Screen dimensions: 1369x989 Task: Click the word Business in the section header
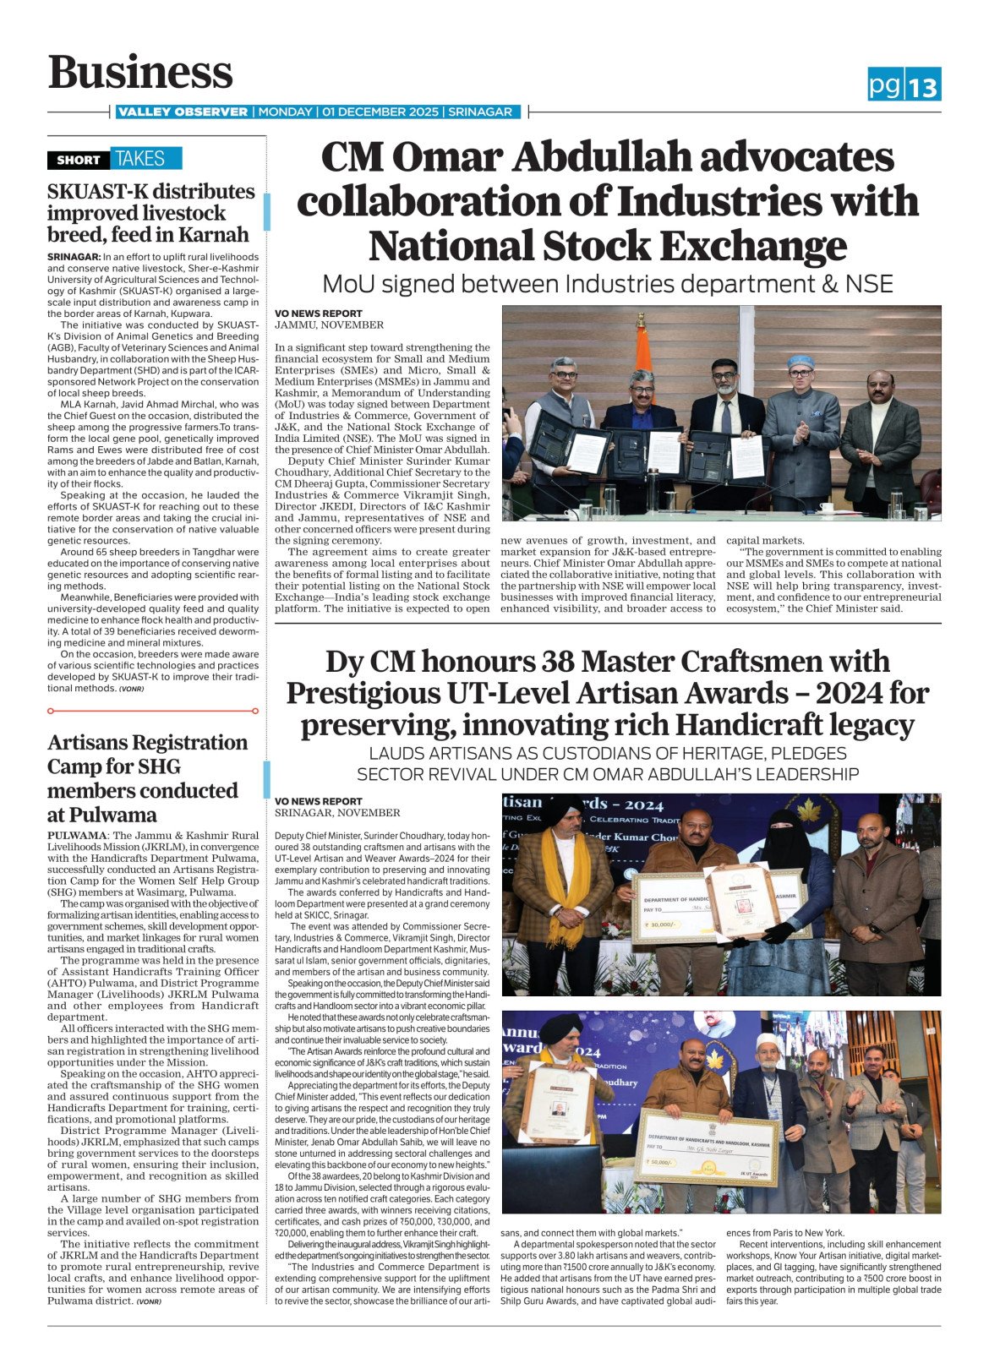pos(140,73)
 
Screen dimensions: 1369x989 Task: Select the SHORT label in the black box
pos(79,160)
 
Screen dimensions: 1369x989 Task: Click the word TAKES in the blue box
pos(140,159)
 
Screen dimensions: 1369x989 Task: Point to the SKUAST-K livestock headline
pos(150,213)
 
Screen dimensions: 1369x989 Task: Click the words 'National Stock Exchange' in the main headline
pos(607,246)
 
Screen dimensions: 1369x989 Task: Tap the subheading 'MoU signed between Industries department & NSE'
pos(607,284)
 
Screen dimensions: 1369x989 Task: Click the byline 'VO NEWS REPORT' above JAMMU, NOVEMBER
pos(318,314)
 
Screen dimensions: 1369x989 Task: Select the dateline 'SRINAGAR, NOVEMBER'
pos(337,813)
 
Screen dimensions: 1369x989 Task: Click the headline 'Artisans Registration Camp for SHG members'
pos(147,777)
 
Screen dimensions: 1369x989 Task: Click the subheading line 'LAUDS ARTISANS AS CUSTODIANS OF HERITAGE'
pos(607,753)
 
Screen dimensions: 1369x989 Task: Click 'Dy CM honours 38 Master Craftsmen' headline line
pos(607,662)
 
